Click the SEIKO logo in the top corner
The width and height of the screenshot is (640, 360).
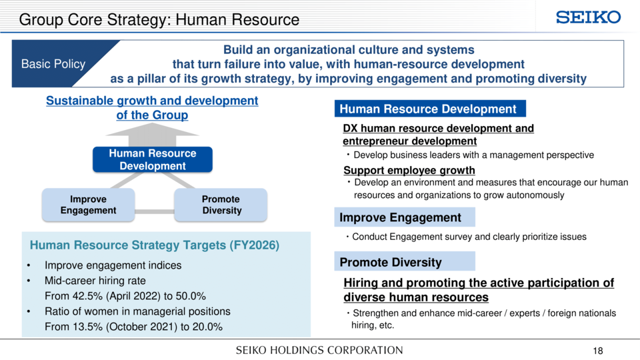tap(588, 17)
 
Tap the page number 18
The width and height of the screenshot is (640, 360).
tap(598, 351)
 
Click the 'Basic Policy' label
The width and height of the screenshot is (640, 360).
tap(53, 64)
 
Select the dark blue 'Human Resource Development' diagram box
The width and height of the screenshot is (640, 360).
tap(153, 159)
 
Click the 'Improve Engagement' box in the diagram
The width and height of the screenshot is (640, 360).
tap(88, 205)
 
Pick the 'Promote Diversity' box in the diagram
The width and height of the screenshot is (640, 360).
tap(221, 205)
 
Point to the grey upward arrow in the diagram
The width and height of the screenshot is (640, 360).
tap(152, 135)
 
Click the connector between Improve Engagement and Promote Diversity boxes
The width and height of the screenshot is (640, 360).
tap(154, 211)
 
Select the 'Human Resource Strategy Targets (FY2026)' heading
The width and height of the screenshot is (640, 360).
tap(154, 245)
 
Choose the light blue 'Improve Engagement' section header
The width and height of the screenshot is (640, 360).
tap(405, 217)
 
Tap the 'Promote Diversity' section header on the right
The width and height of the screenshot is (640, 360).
tap(405, 261)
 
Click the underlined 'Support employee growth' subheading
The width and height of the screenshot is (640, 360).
tap(409, 170)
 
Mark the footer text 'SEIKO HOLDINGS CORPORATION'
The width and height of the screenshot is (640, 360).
tap(319, 350)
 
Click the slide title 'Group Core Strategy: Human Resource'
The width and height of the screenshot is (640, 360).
tap(159, 19)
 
